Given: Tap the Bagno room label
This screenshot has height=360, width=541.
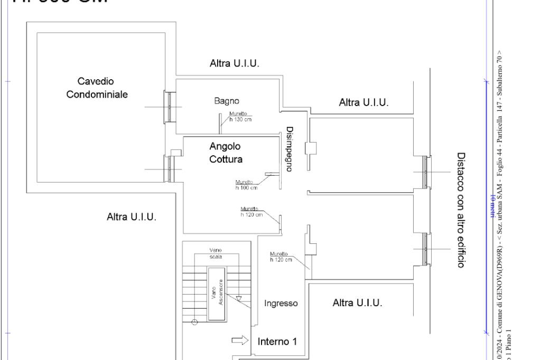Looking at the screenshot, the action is coord(227,101).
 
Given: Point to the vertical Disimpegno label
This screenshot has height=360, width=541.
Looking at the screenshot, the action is coord(290,149).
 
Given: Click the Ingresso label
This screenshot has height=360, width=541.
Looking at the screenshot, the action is coord(281,304).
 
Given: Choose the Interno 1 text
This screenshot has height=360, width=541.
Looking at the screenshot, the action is coord(277,342).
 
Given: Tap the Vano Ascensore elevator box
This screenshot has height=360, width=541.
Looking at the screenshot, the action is coord(216,293).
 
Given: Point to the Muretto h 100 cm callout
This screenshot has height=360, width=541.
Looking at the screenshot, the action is coord(246,185).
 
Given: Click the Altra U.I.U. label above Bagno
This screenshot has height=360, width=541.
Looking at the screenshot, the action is coord(235,64).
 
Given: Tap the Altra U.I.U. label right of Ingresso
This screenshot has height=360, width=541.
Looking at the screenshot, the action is coord(357,304).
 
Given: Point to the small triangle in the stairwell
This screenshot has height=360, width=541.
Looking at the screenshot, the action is coord(239,298).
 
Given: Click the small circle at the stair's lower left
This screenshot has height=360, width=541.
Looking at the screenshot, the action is coord(194,321).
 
